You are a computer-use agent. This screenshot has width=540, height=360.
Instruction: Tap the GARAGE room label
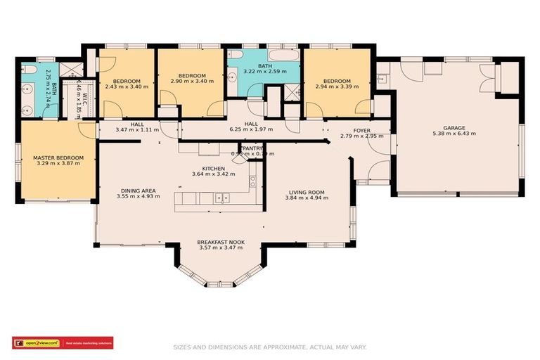(454, 128)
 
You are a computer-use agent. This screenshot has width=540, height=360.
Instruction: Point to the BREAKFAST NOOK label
(221, 242)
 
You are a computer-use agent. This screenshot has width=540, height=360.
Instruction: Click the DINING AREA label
(138, 191)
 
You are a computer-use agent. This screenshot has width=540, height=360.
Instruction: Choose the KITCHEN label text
(213, 169)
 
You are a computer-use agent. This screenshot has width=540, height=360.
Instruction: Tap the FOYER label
(361, 131)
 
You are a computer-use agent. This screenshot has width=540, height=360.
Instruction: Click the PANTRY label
(252, 148)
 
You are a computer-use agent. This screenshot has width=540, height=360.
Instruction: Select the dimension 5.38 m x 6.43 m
(454, 134)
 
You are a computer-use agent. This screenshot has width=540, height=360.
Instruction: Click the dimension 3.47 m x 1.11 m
(138, 129)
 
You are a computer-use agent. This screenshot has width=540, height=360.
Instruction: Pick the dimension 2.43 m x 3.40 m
(127, 86)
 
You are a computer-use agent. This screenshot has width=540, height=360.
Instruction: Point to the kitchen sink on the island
(223, 199)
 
